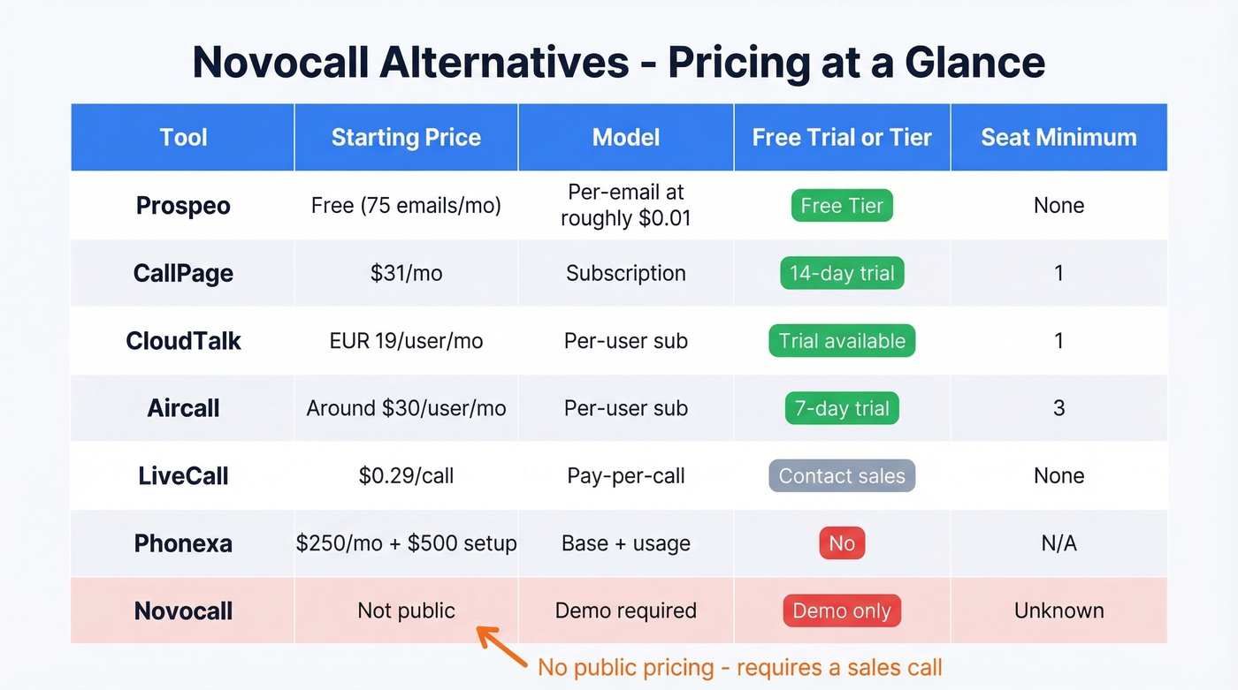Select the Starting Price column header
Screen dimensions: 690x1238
point(406,137)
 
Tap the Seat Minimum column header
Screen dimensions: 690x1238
point(1058,137)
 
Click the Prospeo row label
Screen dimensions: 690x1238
point(183,206)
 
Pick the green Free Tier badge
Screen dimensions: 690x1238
point(842,206)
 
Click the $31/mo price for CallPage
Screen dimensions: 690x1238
point(406,273)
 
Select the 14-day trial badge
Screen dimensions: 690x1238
point(842,273)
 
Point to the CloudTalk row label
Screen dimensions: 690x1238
point(183,341)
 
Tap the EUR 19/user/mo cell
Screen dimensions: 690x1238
point(406,341)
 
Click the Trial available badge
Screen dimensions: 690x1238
point(842,341)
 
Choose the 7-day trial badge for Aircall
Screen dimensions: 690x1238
point(842,408)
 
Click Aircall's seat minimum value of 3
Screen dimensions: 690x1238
point(1058,408)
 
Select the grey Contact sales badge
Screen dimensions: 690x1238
point(842,476)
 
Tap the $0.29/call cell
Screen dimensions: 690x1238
point(406,476)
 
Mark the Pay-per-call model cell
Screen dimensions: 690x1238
point(626,476)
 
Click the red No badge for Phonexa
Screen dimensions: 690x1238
point(842,543)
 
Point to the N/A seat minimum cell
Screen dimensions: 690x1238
point(1058,543)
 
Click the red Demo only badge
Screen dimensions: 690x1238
point(842,610)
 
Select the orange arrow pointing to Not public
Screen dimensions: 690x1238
point(501,646)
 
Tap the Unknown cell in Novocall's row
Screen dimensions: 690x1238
point(1058,610)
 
